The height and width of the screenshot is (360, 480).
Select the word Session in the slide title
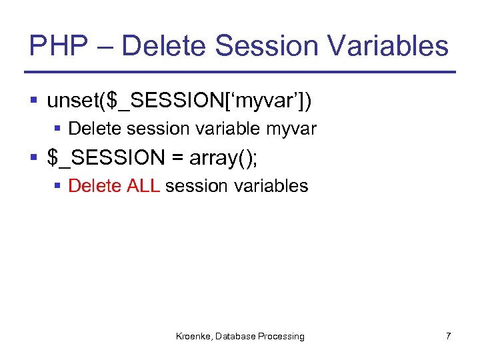pos(267,46)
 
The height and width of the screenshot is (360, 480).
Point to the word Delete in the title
pos(167,46)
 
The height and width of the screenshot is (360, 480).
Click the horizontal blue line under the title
pos(240,72)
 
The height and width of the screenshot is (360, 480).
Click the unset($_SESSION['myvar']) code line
pos(179,101)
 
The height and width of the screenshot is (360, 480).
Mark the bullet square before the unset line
pos(34,101)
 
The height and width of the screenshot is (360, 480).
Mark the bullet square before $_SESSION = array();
pos(34,158)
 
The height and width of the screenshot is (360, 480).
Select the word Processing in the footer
pos(281,337)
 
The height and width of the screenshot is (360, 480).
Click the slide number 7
pos(448,336)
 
